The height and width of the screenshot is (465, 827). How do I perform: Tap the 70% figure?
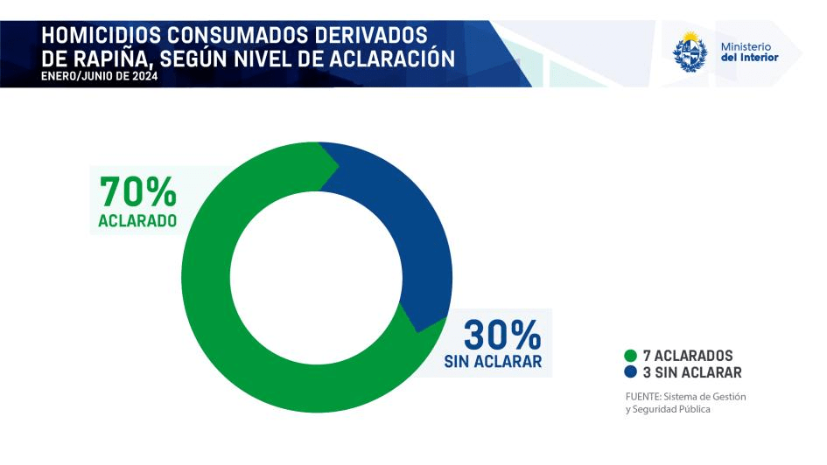pyautogui.click(x=138, y=192)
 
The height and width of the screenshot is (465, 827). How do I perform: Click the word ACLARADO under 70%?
pyautogui.click(x=137, y=221)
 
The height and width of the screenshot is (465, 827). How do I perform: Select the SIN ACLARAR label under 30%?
pyautogui.click(x=493, y=362)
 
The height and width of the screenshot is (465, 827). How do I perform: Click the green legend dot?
pyautogui.click(x=630, y=356)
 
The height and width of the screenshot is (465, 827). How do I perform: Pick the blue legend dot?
pyautogui.click(x=630, y=372)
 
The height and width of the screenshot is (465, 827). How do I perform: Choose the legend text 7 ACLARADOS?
pyautogui.click(x=688, y=356)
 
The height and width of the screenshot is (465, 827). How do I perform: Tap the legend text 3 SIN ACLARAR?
pyautogui.click(x=692, y=372)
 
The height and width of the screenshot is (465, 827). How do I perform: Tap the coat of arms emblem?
pyautogui.click(x=690, y=52)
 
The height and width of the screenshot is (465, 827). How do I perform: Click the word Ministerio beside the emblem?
pyautogui.click(x=746, y=45)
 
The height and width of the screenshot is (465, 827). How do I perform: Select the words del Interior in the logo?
pyautogui.click(x=748, y=58)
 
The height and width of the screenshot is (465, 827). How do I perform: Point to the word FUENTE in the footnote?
pyautogui.click(x=643, y=396)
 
